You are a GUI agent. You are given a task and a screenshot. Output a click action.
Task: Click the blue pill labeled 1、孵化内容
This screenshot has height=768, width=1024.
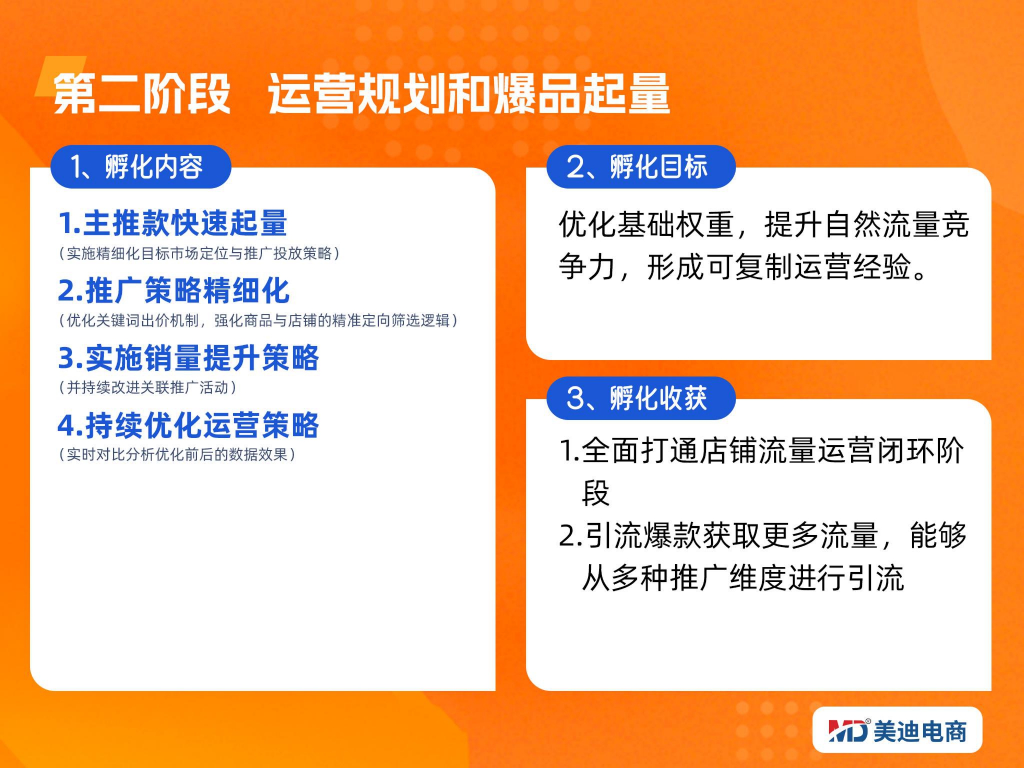pyautogui.click(x=141, y=167)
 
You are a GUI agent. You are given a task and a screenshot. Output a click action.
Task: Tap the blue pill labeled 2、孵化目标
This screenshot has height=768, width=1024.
pyautogui.click(x=641, y=167)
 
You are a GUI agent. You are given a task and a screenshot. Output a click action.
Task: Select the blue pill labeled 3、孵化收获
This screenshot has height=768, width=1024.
pyautogui.click(x=641, y=398)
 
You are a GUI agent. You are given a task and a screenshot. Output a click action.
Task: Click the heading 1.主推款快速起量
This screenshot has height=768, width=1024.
pyautogui.click(x=173, y=223)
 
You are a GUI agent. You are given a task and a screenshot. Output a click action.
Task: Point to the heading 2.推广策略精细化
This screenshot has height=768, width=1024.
pyautogui.click(x=174, y=290)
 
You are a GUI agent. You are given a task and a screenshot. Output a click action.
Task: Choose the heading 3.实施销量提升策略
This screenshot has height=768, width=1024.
pyautogui.click(x=188, y=358)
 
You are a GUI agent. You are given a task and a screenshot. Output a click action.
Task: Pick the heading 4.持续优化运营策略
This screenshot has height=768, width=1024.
pyautogui.click(x=188, y=425)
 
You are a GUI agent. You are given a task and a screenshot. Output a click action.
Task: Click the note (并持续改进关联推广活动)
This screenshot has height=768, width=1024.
pyautogui.click(x=148, y=387)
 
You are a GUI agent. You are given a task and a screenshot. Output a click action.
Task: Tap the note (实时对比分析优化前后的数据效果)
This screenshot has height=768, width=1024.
pyautogui.click(x=177, y=455)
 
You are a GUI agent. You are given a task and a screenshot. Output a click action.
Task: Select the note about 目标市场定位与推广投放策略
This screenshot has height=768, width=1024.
pyautogui.click(x=199, y=253)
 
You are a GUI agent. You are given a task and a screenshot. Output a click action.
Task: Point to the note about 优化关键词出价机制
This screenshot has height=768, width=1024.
pyautogui.click(x=258, y=320)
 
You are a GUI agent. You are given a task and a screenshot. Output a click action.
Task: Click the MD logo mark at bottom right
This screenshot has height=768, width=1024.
pyautogui.click(x=849, y=731)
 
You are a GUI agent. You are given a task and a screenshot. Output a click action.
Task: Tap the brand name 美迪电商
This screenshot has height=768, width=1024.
pyautogui.click(x=920, y=732)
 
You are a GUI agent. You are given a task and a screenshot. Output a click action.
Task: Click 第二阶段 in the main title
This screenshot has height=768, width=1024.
pyautogui.click(x=142, y=94)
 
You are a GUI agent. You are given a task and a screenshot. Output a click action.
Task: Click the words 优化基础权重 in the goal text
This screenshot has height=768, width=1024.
pyautogui.click(x=646, y=224)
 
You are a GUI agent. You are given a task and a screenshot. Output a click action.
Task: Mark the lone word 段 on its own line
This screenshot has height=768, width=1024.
pyautogui.click(x=595, y=493)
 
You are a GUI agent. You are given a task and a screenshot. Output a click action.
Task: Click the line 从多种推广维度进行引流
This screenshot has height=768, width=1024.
pyautogui.click(x=743, y=577)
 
